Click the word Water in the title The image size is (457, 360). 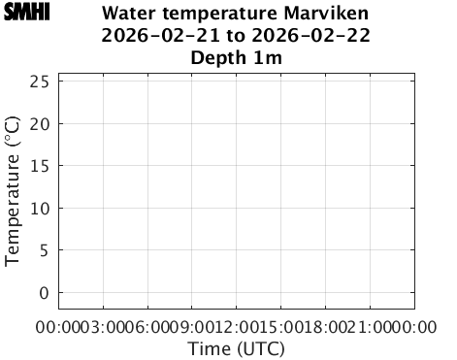point(131,16)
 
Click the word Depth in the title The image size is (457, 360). point(218,58)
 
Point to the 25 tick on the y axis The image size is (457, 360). point(40,82)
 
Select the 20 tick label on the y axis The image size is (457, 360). point(40,123)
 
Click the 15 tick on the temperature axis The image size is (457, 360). point(40,166)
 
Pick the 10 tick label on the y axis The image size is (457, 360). point(40,208)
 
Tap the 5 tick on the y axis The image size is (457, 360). point(45,250)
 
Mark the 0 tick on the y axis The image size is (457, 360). point(45,292)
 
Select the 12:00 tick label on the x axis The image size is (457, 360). point(237,327)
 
